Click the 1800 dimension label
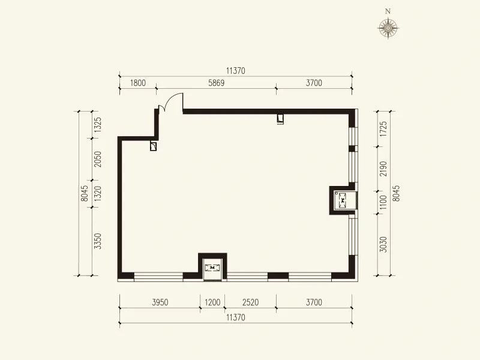(138, 83)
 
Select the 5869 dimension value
(217, 83)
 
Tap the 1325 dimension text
(97, 125)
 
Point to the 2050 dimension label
(97, 159)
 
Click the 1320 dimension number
(97, 193)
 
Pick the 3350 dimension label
(97, 241)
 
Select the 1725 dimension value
(383, 129)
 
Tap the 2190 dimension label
(383, 169)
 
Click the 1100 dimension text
(383, 202)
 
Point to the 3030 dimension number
(383, 244)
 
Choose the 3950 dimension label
(160, 302)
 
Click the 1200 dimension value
(212, 302)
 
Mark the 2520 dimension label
(250, 302)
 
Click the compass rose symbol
(388, 28)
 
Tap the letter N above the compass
(388, 11)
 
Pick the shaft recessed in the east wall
(343, 200)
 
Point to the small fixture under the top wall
(280, 118)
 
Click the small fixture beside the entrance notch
(154, 146)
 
